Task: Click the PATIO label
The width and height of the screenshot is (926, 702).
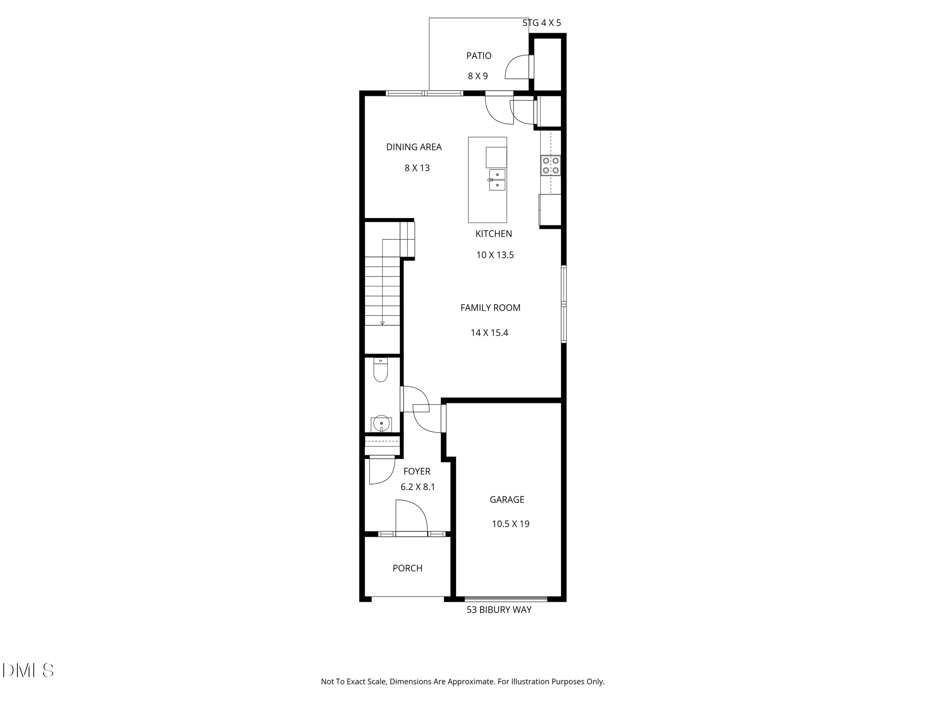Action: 479,56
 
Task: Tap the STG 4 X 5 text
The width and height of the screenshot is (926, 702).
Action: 541,23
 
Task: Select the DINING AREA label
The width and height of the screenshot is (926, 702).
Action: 414,147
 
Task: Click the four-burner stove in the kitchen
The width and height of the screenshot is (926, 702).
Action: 550,166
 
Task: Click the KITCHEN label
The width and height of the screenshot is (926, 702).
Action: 494,234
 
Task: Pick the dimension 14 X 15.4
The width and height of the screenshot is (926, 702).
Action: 489,333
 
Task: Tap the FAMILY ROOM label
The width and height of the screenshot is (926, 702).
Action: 490,308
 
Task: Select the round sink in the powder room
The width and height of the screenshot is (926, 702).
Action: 381,423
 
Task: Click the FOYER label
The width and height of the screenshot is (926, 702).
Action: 416,471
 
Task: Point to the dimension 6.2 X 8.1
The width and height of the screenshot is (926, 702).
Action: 418,487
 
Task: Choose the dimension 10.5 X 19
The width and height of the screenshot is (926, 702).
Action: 510,524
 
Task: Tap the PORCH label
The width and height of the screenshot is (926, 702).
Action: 407,568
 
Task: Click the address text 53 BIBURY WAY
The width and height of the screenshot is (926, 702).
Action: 499,609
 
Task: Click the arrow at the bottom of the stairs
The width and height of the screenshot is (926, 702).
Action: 382,323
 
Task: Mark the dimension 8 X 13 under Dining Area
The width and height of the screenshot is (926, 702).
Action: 417,168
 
